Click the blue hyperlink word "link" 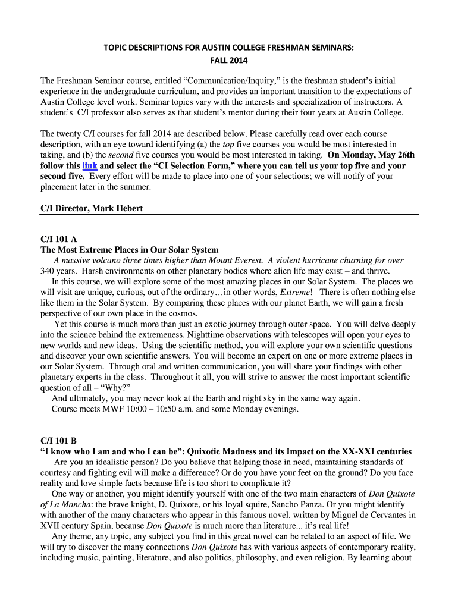pyautogui.click(x=89, y=166)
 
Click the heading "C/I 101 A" pyautogui.click(x=58, y=240)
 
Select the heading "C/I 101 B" pyautogui.click(x=58, y=441)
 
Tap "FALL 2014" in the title pyautogui.click(x=229, y=60)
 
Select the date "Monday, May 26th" pyautogui.click(x=372, y=155)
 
